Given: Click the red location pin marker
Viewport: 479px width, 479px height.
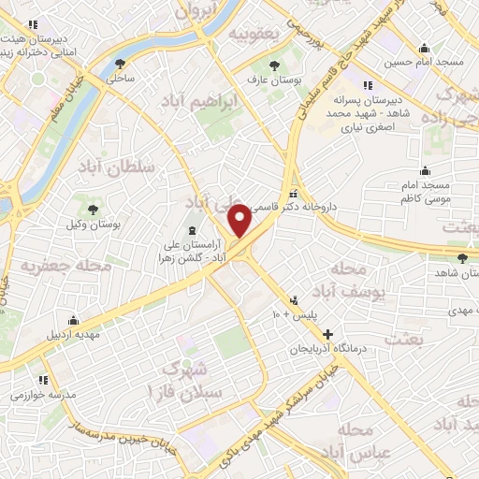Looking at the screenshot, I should coord(240,221).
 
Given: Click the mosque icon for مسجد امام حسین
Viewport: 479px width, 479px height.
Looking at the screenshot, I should coord(426,49).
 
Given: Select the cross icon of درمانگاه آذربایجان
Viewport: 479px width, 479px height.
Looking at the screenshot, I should coord(327,334).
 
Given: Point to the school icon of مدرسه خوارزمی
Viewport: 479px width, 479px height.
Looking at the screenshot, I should coord(43,380).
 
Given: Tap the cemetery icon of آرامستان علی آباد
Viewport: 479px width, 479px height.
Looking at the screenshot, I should coord(193,230).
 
